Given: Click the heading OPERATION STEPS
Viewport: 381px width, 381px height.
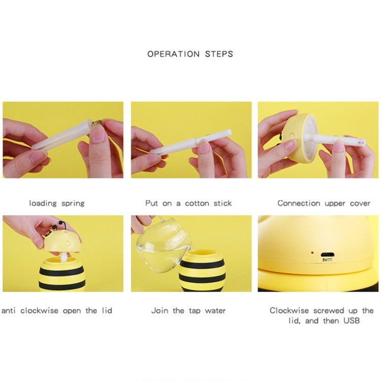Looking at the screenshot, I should [x=190, y=54].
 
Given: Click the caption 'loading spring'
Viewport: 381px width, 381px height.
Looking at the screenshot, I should [x=57, y=203].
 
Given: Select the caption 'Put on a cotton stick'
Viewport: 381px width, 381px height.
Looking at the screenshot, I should [x=188, y=203].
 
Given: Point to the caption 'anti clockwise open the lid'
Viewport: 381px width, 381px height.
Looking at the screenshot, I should [x=57, y=310].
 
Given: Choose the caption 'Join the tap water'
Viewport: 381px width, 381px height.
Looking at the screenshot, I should [x=188, y=310].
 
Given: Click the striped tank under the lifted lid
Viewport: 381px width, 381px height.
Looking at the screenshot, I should [x=62, y=274].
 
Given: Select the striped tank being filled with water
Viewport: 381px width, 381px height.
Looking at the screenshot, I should [x=202, y=269].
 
